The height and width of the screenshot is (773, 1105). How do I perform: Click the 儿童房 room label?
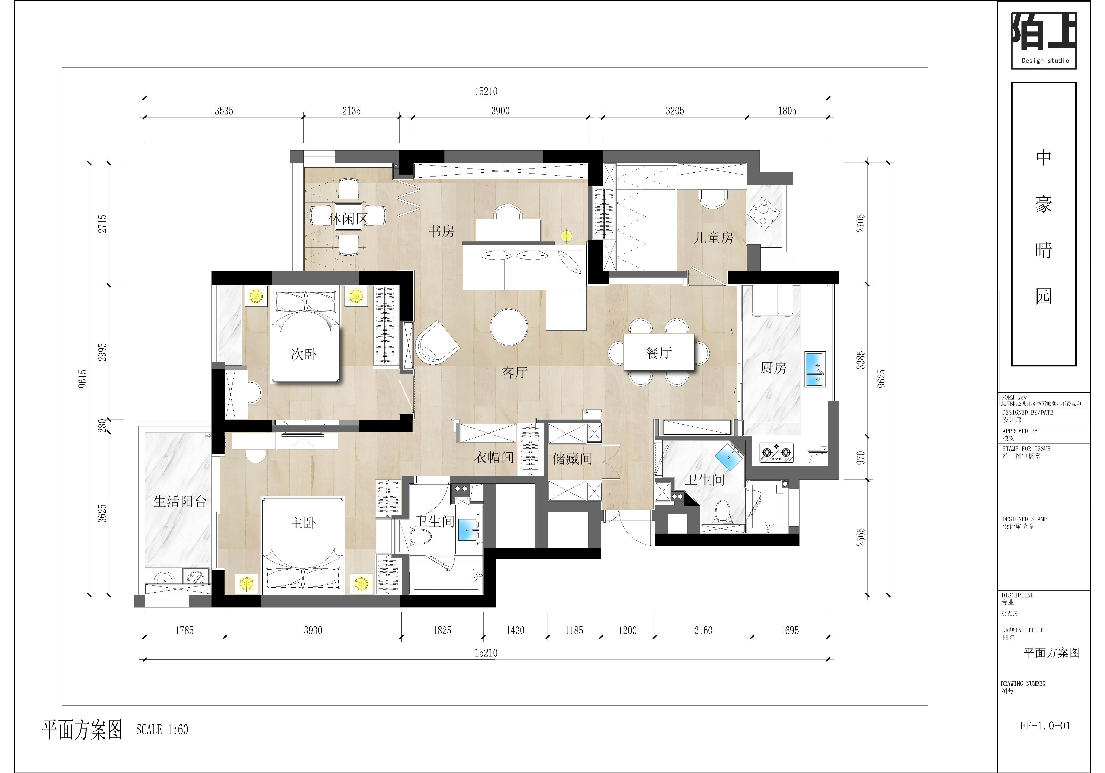(x=713, y=238)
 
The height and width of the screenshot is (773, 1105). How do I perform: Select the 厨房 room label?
(x=773, y=368)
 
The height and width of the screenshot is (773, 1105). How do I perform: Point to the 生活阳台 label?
(x=180, y=502)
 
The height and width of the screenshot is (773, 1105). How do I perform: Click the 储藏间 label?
(x=572, y=458)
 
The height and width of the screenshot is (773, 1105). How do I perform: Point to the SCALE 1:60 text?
(x=162, y=730)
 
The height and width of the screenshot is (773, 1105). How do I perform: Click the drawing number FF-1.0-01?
(x=1045, y=726)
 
